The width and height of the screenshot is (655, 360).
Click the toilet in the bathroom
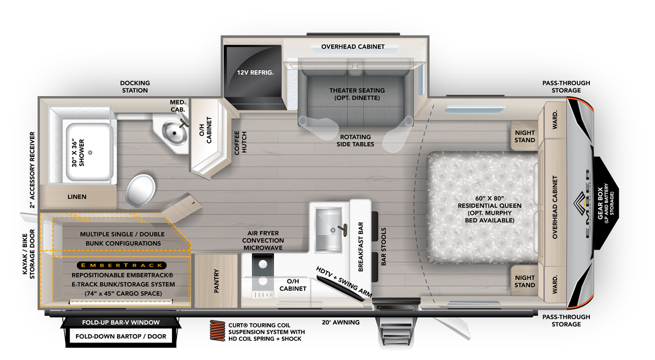(x=141, y=190)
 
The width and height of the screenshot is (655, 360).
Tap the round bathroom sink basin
(x=175, y=133)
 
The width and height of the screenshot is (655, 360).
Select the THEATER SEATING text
(x=357, y=91)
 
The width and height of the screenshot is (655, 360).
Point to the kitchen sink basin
(x=328, y=229)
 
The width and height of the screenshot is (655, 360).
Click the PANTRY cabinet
(x=216, y=281)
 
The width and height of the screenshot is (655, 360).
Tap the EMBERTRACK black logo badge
(x=121, y=265)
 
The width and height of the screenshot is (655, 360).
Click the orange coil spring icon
(x=217, y=332)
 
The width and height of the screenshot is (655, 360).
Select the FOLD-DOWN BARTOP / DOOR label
(x=121, y=336)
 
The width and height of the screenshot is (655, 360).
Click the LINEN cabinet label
(x=77, y=196)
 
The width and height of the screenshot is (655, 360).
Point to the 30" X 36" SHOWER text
(x=78, y=152)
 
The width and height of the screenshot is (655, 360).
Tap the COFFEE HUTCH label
(x=241, y=143)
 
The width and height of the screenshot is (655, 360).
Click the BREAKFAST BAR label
(x=360, y=247)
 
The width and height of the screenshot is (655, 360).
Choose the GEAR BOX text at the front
(x=600, y=203)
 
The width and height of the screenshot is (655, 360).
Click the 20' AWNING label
(x=341, y=322)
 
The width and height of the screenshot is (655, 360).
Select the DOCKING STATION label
(x=135, y=87)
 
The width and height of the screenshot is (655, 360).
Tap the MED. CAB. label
(x=178, y=106)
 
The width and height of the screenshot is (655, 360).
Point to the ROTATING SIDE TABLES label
(x=355, y=141)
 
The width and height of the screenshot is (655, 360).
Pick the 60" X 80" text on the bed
(x=490, y=198)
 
